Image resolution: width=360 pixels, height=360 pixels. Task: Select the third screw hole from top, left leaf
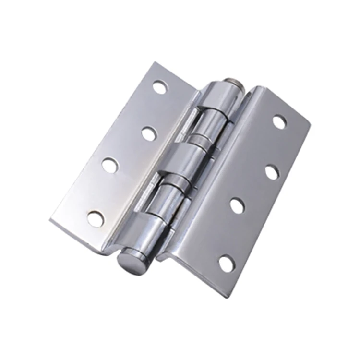pyautogui.click(x=109, y=166)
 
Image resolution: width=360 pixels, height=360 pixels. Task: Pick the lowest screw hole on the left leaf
pyautogui.click(x=95, y=219)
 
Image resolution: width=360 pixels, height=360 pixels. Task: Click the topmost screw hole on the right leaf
pyautogui.click(x=279, y=122)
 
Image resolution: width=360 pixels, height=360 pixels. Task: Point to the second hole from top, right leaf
pyautogui.click(x=272, y=172)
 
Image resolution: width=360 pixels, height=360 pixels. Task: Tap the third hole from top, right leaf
pyautogui.click(x=237, y=205)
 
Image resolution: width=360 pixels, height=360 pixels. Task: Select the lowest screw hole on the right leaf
pyautogui.click(x=226, y=263)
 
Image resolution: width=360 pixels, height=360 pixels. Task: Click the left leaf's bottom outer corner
pyautogui.click(x=50, y=221)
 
